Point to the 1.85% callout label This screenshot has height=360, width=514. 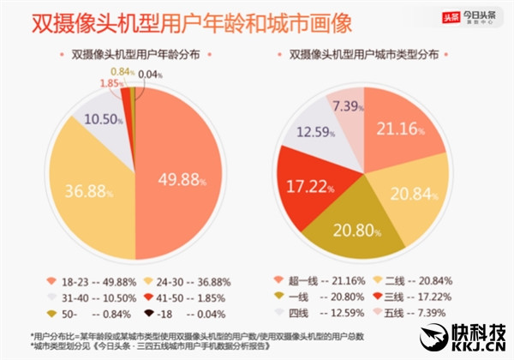click(x=110, y=82)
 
